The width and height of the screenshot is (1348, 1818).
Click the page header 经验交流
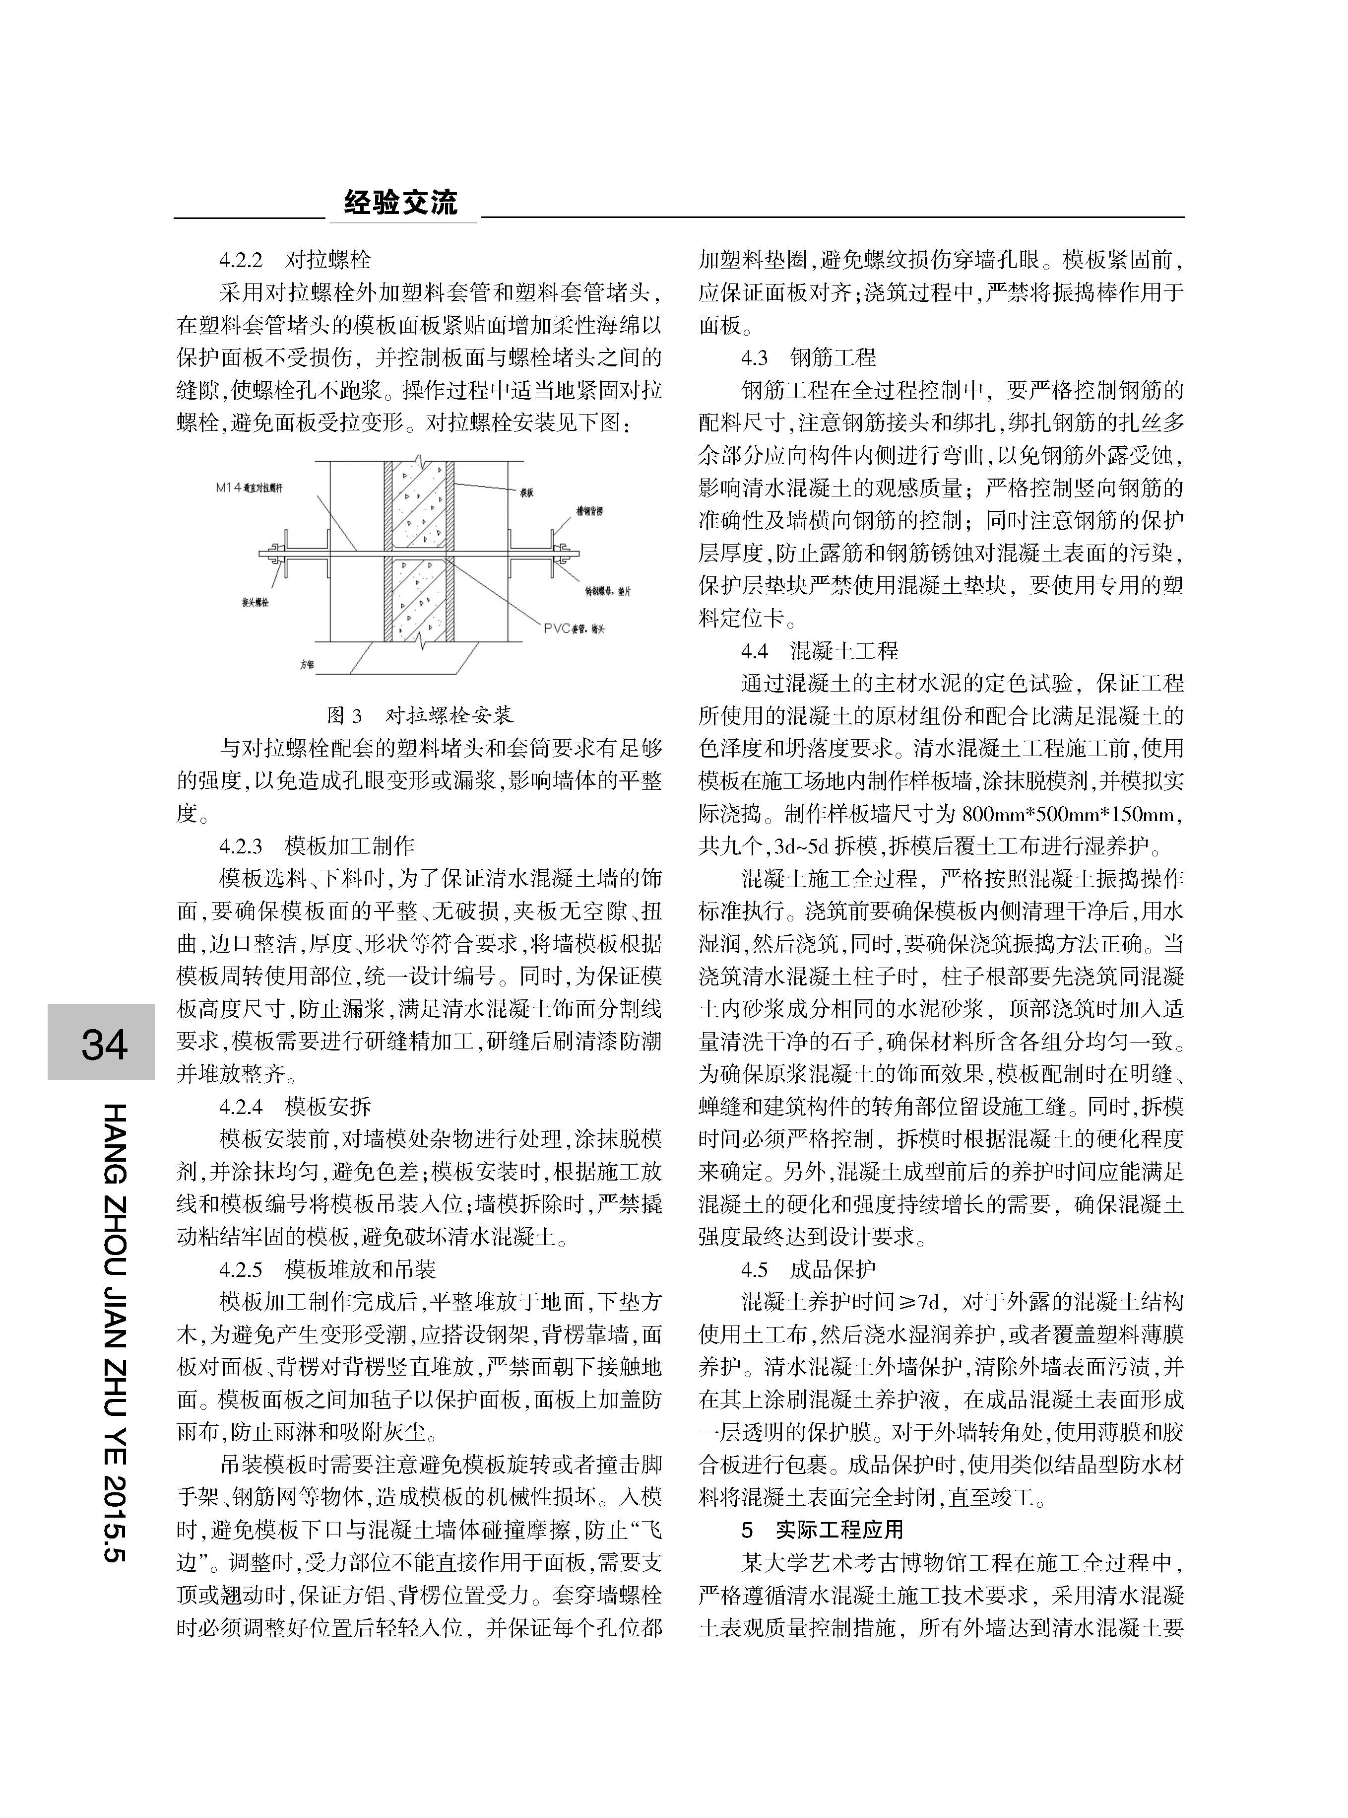[x=400, y=203]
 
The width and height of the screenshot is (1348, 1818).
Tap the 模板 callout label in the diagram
[x=526, y=493]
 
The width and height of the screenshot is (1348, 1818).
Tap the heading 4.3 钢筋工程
[x=808, y=357]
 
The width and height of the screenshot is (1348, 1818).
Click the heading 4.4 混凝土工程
[x=819, y=651]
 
